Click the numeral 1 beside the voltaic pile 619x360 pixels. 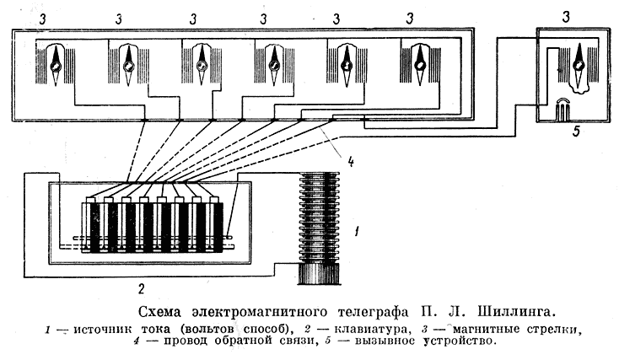[357, 228]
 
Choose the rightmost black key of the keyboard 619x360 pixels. [218, 228]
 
